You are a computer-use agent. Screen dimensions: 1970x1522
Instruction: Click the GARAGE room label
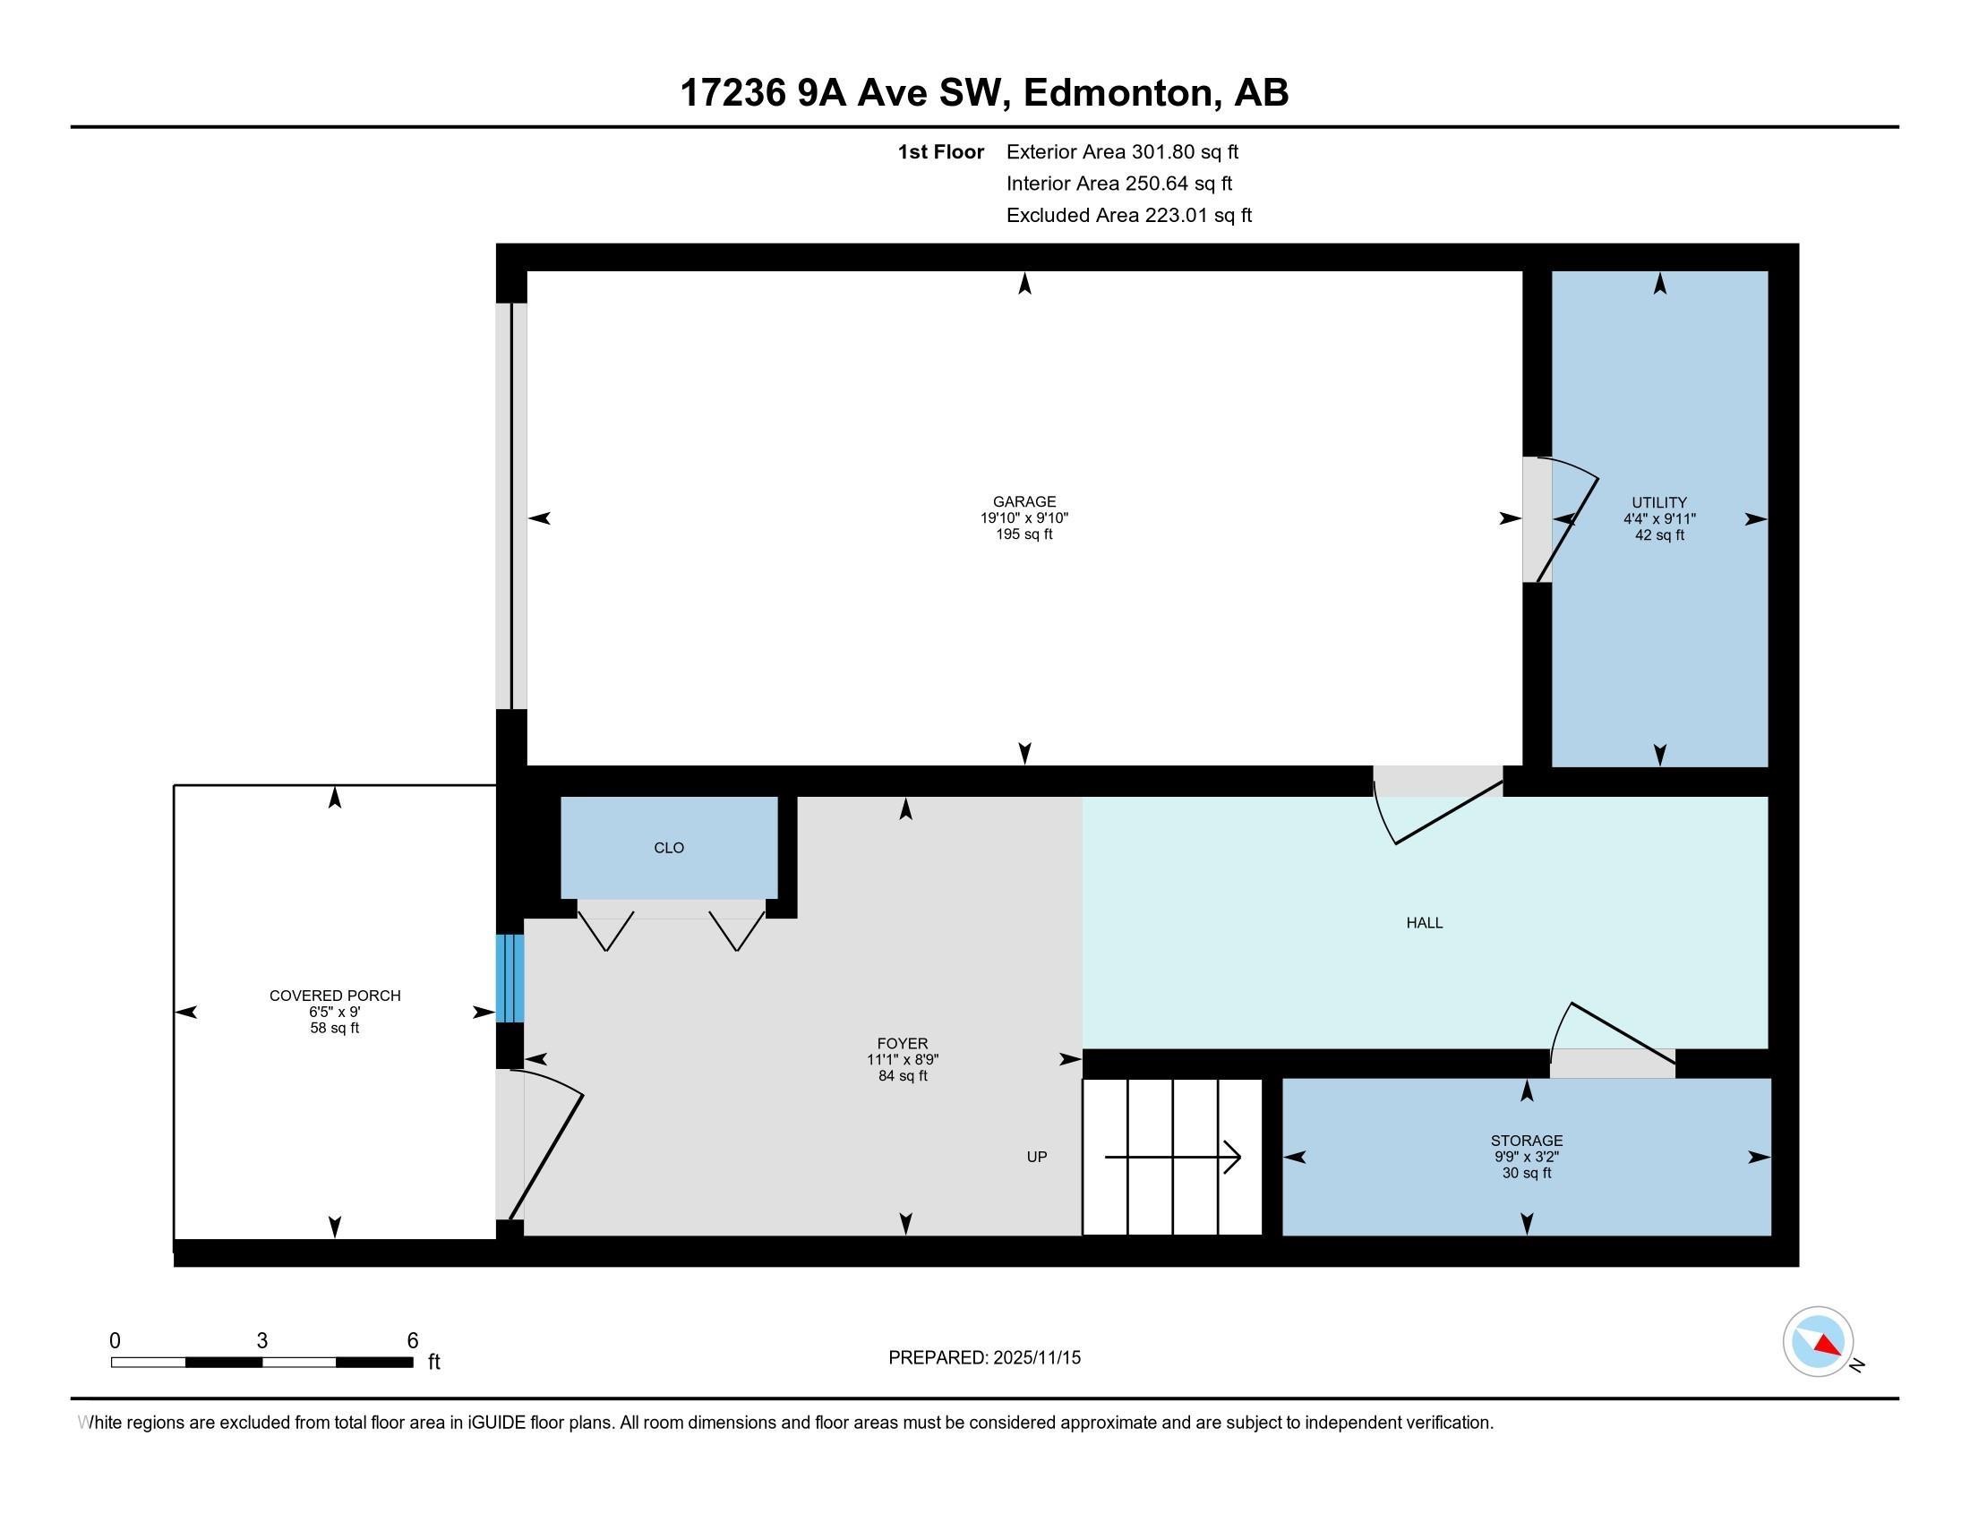pos(1024,502)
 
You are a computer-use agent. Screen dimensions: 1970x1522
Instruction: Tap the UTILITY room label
pos(1658,503)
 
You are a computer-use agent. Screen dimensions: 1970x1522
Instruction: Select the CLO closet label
pos(668,848)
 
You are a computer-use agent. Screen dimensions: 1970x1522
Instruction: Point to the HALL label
pos(1425,922)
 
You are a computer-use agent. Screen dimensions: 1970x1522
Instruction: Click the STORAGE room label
pos(1526,1141)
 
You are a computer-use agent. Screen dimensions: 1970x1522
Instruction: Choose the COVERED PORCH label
pos(335,996)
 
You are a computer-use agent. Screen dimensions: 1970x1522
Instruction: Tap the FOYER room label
pos(902,1043)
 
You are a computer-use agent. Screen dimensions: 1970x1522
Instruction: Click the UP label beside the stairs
pos(1036,1157)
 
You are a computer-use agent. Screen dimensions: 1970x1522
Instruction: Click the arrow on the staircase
pos(1173,1157)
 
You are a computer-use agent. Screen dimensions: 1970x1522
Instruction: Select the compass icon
pos(1818,1342)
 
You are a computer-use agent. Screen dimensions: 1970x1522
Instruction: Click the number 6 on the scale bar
pos(412,1340)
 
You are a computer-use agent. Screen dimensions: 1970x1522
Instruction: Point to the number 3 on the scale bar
pos(261,1340)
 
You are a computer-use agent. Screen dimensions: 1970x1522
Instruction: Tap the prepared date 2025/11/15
pos(1035,1358)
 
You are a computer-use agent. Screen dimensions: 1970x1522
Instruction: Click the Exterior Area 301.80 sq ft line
pos(1122,151)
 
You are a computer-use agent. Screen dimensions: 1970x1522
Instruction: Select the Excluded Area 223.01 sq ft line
pos(1129,215)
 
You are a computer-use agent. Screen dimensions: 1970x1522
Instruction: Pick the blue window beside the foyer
pos(510,979)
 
